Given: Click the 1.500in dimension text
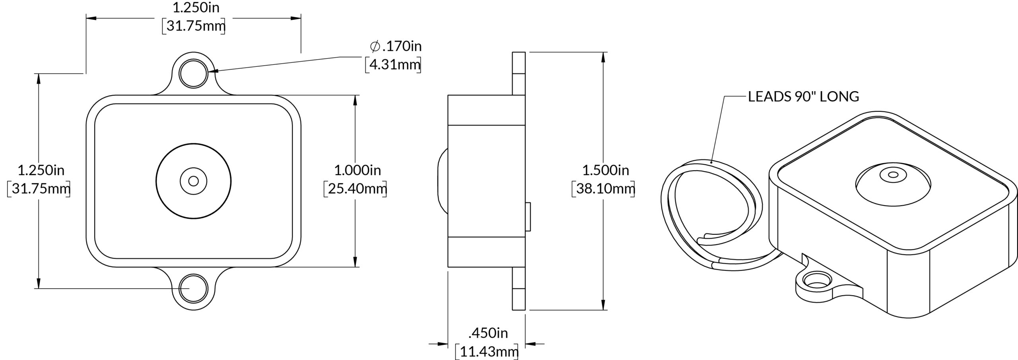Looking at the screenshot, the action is point(606,170).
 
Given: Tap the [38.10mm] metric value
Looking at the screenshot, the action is point(603,189).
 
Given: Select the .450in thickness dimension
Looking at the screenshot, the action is point(488,333).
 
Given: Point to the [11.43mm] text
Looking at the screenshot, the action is point(487,351).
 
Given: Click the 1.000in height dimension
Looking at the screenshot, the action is point(357,170).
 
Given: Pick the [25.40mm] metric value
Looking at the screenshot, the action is point(356,189).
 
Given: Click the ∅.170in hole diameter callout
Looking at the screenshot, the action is point(396,47).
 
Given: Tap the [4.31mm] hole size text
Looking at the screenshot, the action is point(393,64).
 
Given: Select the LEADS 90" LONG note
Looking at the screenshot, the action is point(804,97).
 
